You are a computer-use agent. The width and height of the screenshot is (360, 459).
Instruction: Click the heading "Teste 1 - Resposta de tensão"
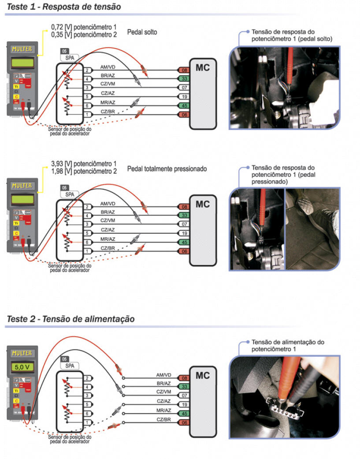[63, 7]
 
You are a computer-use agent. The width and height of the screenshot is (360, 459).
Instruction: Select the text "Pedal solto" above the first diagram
[142, 33]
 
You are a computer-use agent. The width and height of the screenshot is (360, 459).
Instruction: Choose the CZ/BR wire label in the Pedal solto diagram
[108, 112]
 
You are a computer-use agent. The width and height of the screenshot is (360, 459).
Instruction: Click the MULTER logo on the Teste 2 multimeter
[22, 353]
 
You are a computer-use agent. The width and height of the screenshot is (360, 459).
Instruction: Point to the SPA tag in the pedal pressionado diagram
[69, 194]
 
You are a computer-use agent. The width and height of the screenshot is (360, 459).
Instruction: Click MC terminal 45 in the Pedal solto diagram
[184, 105]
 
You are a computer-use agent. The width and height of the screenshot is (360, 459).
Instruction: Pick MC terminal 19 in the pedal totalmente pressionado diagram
[184, 233]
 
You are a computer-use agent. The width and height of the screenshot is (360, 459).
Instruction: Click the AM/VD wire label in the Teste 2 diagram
[163, 375]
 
